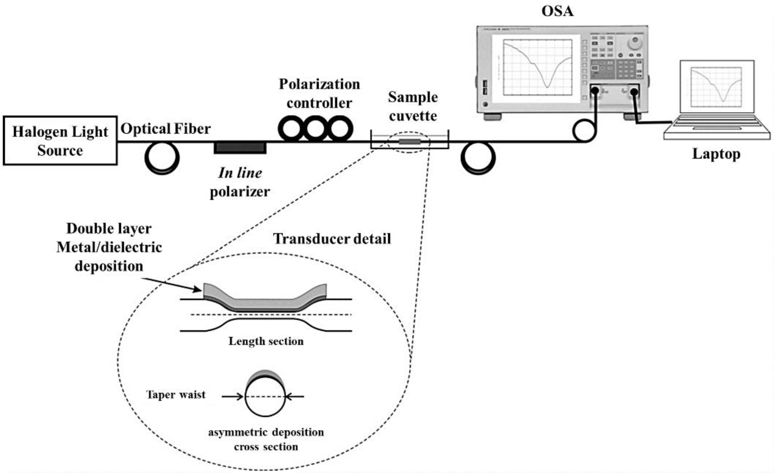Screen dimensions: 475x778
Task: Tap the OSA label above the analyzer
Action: click(x=557, y=11)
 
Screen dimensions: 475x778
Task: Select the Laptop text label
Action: click(x=716, y=154)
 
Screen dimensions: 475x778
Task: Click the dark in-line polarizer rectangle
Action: click(x=240, y=148)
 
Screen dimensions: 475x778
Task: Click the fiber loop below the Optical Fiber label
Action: click(x=162, y=158)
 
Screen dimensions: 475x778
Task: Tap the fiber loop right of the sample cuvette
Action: click(x=478, y=158)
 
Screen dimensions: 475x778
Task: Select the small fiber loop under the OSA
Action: click(x=584, y=131)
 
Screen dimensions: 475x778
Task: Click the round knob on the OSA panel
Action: click(x=635, y=43)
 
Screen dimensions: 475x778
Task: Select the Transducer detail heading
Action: click(x=332, y=239)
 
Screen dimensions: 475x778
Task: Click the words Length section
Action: click(x=266, y=341)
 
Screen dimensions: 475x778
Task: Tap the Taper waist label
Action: click(x=176, y=395)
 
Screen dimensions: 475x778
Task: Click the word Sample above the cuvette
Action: click(x=413, y=97)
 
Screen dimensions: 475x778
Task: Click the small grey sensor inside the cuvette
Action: click(x=410, y=142)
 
